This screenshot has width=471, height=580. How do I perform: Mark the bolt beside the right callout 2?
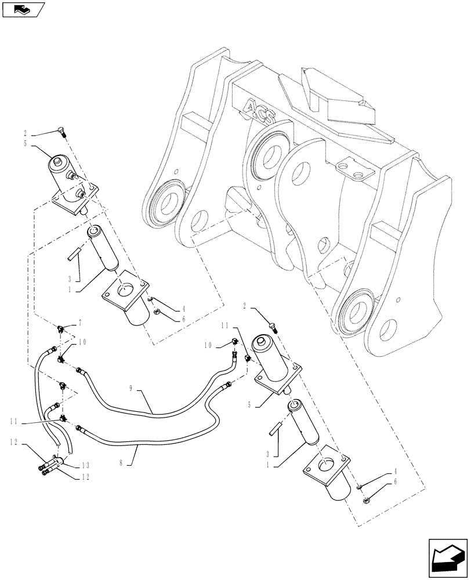tap(273, 327)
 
